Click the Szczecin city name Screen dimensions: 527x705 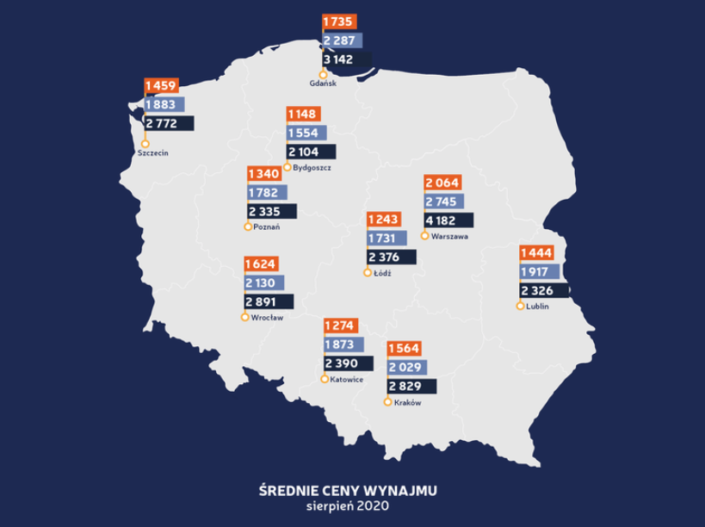tap(152, 152)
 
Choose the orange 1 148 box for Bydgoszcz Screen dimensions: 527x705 tap(303, 114)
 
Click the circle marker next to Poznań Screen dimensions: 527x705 tap(249, 226)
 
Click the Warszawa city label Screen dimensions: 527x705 tap(449, 235)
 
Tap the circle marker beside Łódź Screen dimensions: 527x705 tap(368, 273)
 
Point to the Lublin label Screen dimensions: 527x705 tap(537, 306)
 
